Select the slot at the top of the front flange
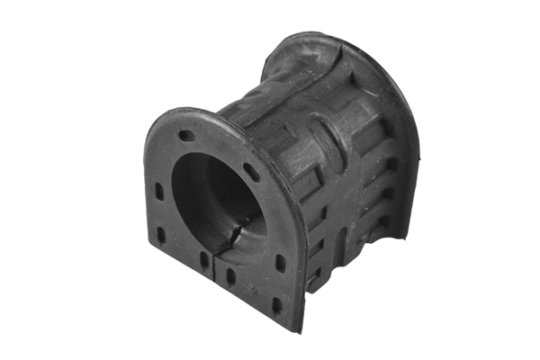click(x=186, y=136)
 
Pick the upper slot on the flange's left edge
click(x=159, y=192)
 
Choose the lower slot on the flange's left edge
click(x=161, y=234)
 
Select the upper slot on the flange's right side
click(x=280, y=265)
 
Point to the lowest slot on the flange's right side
click(x=277, y=304)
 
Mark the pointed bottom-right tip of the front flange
click(x=301, y=328)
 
